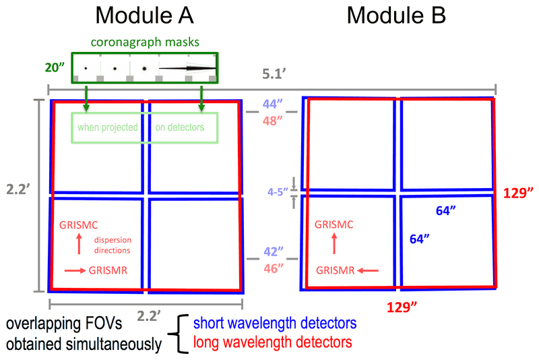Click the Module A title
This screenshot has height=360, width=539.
pyautogui.click(x=144, y=16)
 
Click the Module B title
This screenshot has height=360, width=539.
pyautogui.click(x=396, y=16)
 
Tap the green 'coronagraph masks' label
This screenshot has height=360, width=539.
pyautogui.click(x=144, y=42)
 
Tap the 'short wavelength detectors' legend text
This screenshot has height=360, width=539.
pyautogui.click(x=274, y=325)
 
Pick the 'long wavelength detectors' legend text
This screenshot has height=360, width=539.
pyautogui.click(x=272, y=344)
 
